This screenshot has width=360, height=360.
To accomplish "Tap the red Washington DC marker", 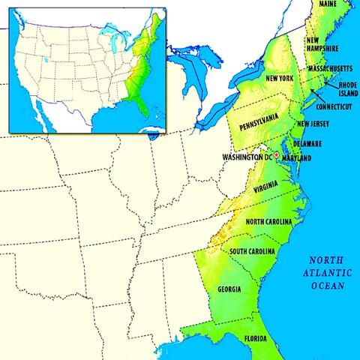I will click(x=277, y=154).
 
